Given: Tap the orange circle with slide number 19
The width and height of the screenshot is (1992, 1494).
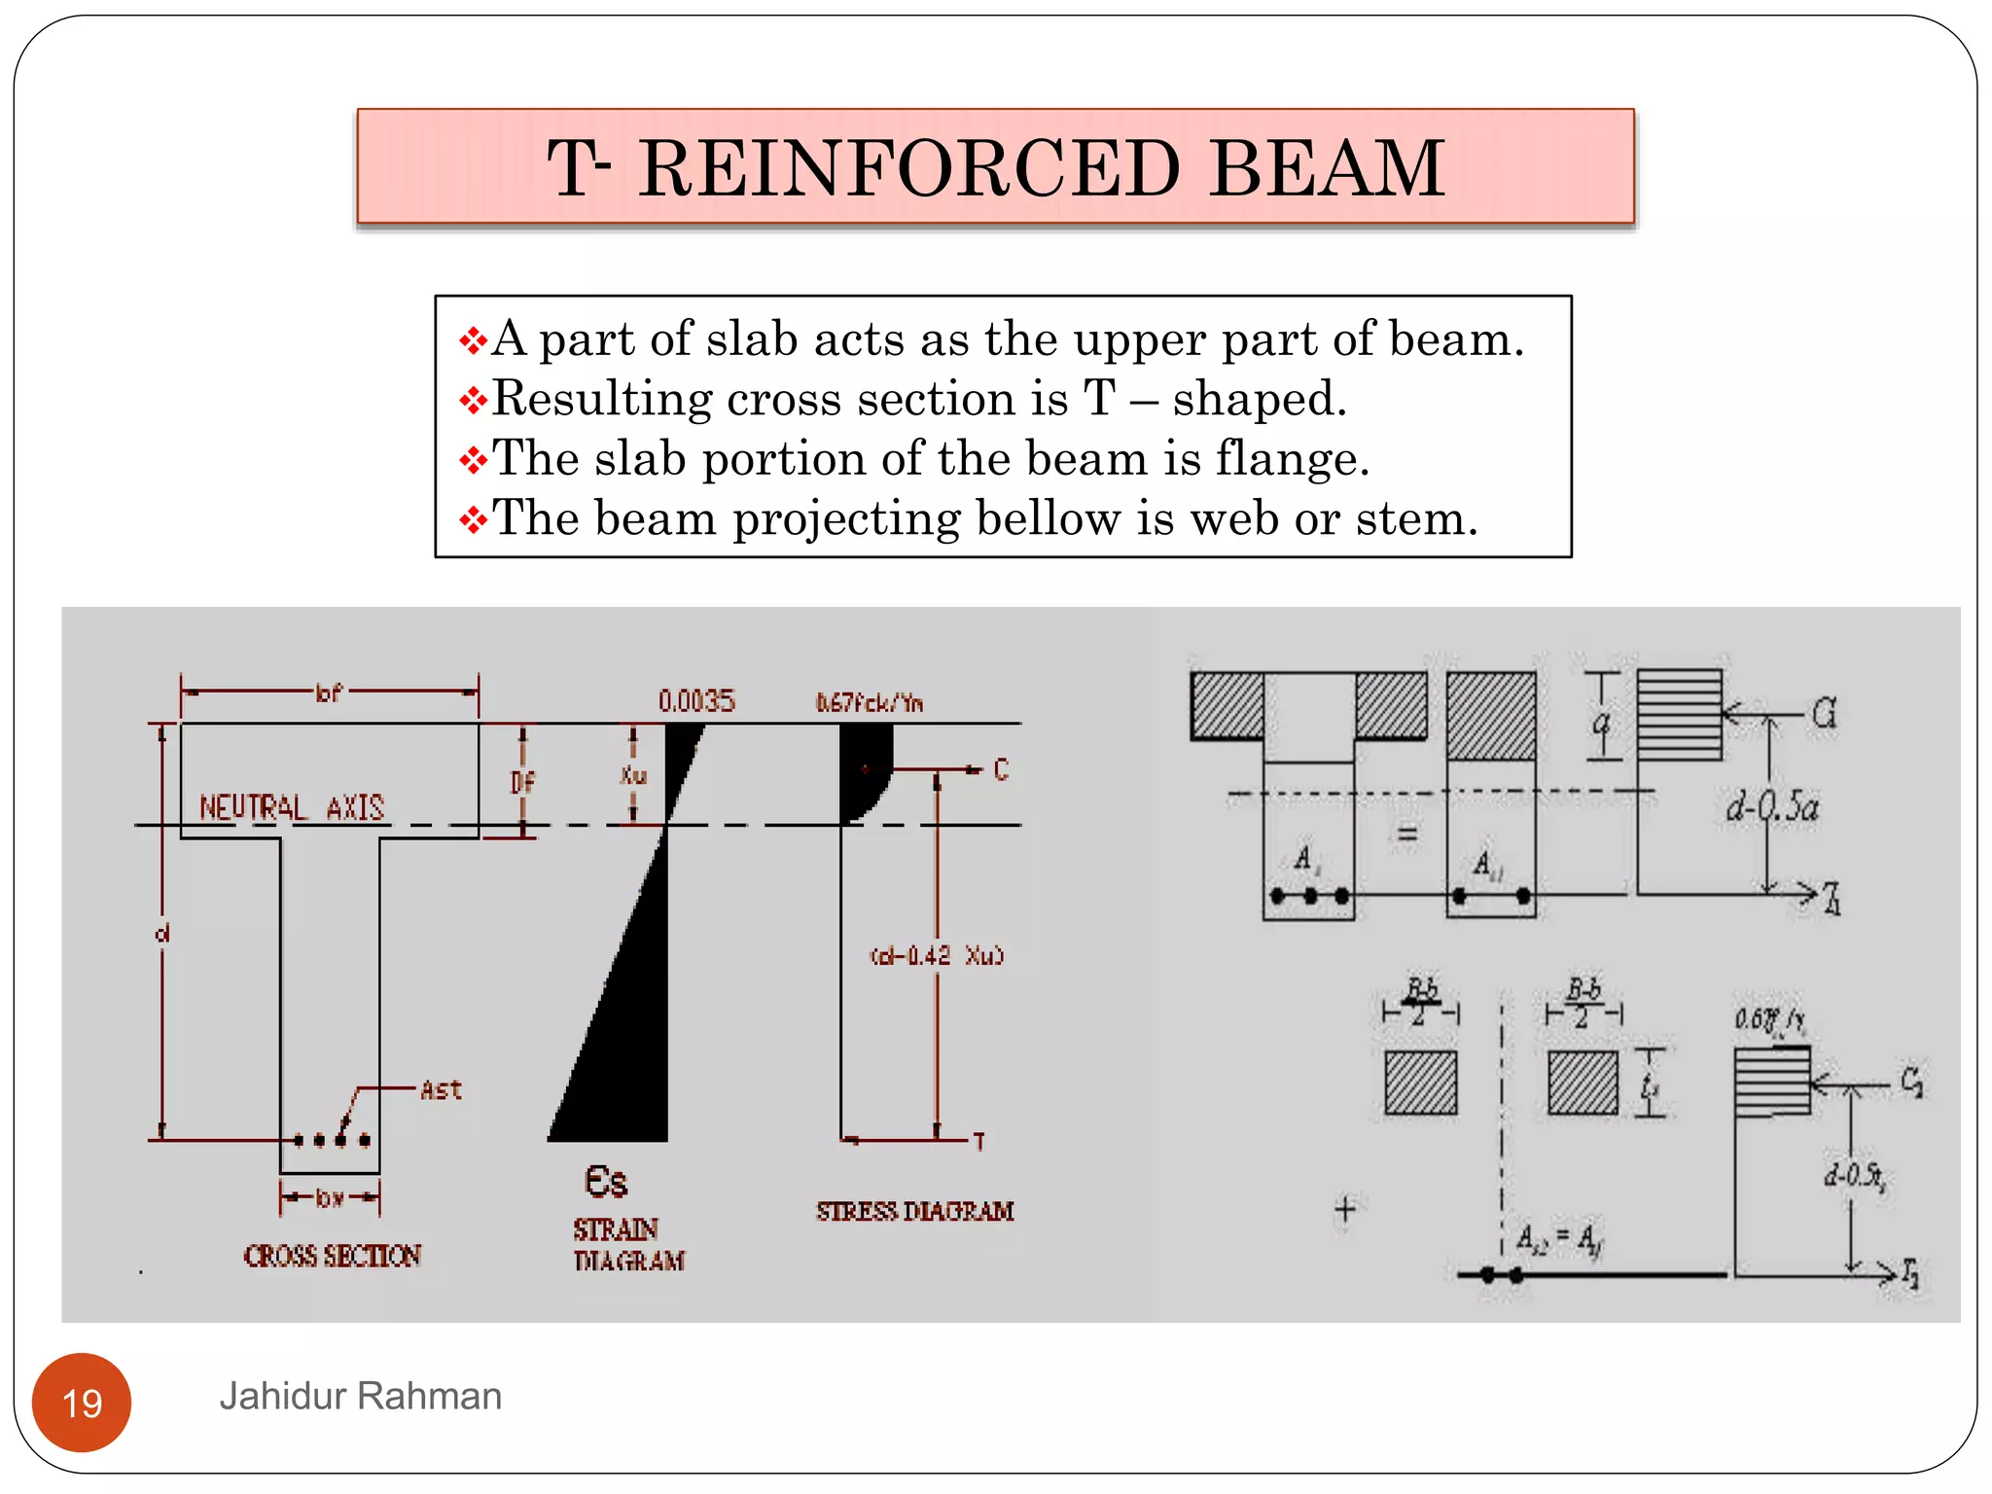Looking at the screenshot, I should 82,1402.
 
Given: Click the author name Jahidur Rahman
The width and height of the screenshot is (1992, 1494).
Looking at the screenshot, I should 360,1396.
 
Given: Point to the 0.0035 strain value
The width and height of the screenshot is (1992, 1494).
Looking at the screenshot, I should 696,701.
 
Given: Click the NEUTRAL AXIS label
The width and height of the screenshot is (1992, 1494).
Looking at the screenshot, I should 292,807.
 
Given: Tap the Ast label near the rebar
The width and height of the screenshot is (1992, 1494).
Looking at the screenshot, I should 441,1090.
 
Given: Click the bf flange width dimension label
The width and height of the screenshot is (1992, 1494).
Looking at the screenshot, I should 329,693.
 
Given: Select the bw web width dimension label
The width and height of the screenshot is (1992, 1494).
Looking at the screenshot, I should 330,1197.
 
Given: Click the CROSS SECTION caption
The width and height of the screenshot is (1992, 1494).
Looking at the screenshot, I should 332,1256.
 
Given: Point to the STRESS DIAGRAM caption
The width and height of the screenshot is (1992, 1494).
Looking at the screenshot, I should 914,1211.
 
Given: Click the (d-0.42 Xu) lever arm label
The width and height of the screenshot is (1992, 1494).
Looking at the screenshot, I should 936,956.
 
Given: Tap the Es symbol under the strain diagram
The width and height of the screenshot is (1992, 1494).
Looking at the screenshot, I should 605,1182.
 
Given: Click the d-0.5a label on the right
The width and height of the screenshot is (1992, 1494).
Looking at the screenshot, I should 1772,806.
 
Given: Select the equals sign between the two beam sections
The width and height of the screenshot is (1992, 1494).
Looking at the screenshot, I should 1406,835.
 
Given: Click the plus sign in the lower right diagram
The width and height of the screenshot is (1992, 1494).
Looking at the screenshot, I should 1345,1209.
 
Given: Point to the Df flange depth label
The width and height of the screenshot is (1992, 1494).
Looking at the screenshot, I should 522,782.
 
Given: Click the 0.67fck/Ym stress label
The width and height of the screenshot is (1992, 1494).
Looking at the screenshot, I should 869,702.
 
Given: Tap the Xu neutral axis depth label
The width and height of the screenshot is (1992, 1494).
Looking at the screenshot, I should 633,775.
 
